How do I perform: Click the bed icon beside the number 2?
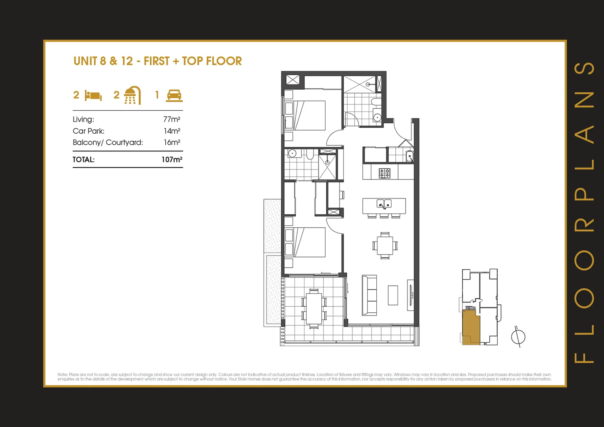93,96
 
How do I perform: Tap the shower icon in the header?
132,95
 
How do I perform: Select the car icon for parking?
174,95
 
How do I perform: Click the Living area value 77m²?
172,119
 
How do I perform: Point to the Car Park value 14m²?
172,131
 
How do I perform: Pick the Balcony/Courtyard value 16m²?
172,142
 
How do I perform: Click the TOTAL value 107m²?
172,160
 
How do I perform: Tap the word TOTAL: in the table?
83,160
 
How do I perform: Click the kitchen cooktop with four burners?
384,173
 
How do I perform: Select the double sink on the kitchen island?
384,204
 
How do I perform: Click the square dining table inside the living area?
385,246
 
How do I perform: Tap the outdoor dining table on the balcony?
314,309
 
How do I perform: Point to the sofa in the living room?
369,295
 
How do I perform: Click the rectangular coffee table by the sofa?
393,295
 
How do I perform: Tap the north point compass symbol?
518,337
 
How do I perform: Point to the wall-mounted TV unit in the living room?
411,295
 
